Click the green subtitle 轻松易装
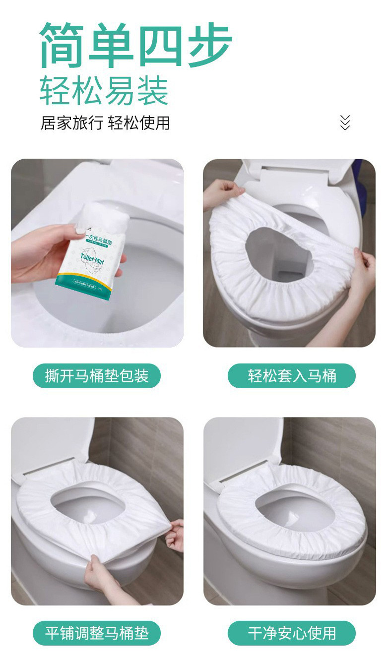[104, 91]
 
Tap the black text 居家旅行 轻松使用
[105, 122]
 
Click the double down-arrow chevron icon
[345, 122]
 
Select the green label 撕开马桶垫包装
[97, 376]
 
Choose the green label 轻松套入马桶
[292, 376]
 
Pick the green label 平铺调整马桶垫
[97, 633]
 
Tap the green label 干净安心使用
[292, 633]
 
